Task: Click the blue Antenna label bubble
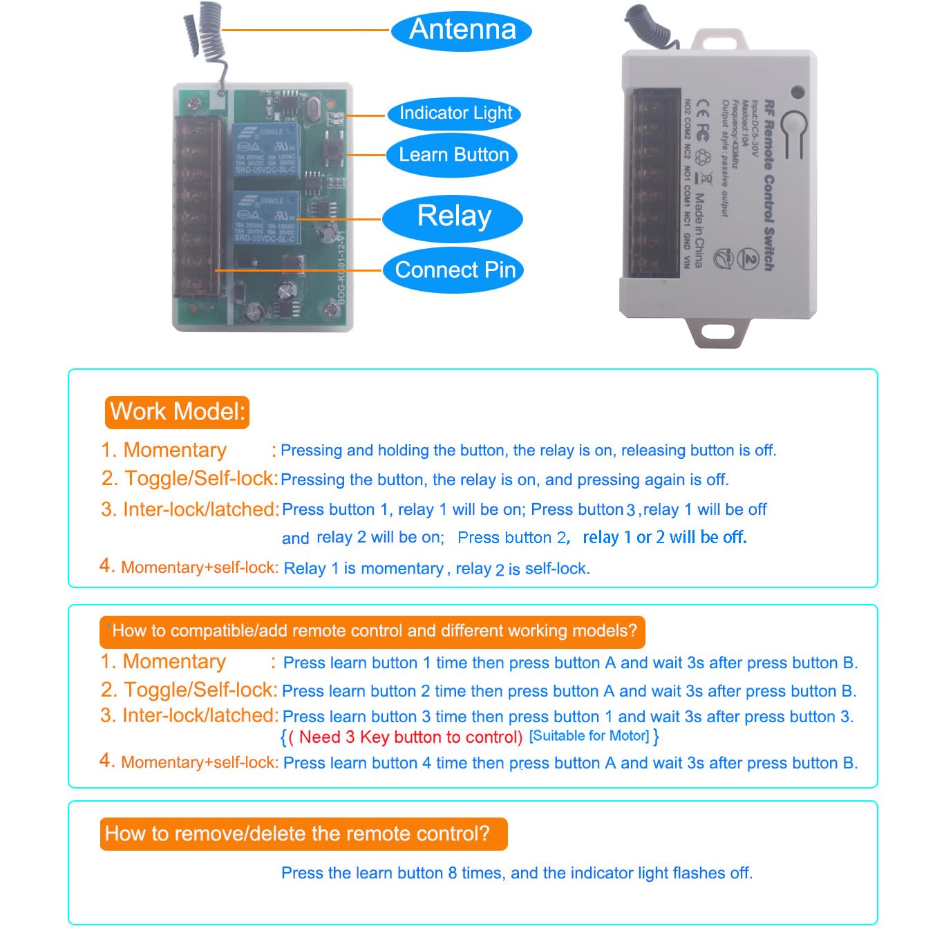click(x=462, y=30)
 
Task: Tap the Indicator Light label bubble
click(x=454, y=113)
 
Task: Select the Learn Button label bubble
click(x=453, y=155)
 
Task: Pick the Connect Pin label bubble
click(x=454, y=270)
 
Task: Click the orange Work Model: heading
click(x=177, y=412)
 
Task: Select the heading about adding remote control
click(x=373, y=631)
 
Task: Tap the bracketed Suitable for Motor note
click(x=589, y=736)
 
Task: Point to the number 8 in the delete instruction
click(x=453, y=874)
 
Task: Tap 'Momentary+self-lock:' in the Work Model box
click(x=199, y=568)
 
